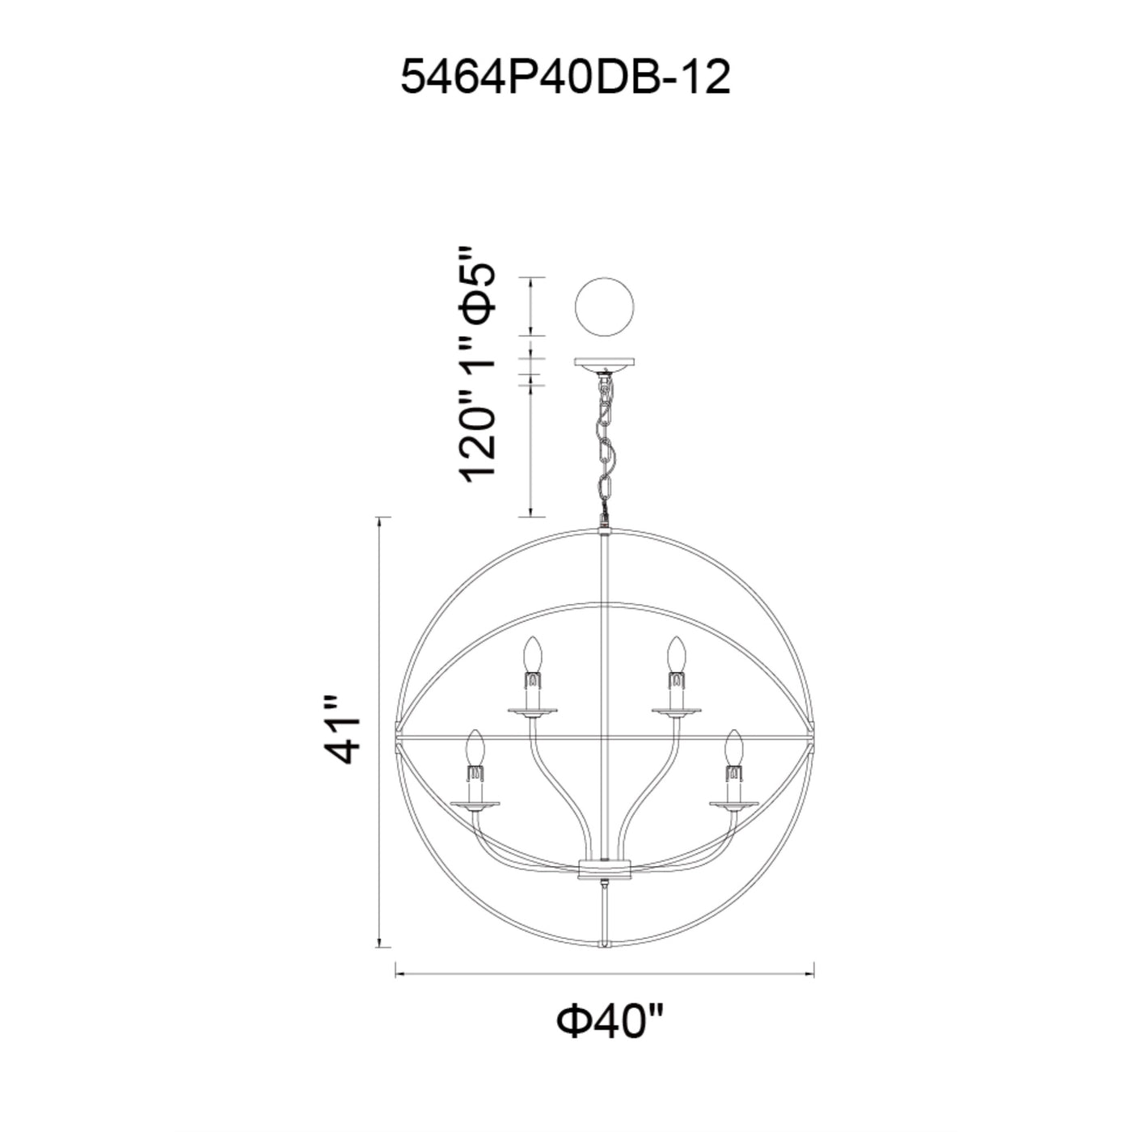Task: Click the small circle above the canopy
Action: point(605,306)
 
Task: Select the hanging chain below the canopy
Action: point(605,444)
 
